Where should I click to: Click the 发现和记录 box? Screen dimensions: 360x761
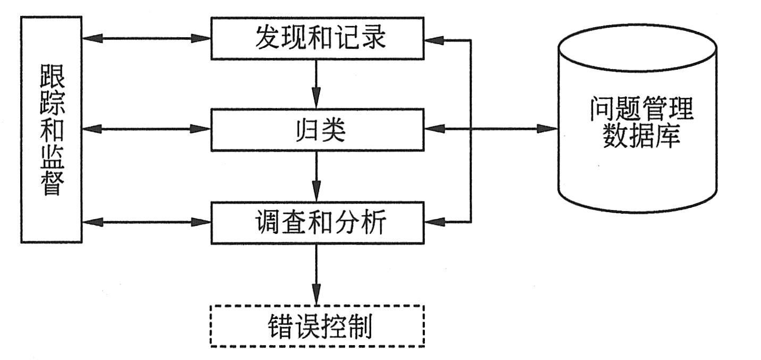[x=317, y=38]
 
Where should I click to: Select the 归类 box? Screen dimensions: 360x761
[x=317, y=130]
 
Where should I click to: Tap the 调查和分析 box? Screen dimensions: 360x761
[x=317, y=222]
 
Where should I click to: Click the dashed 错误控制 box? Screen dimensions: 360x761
[x=317, y=326]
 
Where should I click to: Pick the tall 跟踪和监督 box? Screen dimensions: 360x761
[x=51, y=130]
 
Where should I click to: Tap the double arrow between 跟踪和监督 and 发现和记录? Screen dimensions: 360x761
[x=146, y=38]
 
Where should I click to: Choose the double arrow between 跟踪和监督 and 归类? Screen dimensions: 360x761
[x=146, y=129]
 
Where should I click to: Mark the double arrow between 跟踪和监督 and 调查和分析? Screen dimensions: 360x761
[x=146, y=222]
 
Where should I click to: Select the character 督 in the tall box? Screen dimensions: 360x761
[x=52, y=183]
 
